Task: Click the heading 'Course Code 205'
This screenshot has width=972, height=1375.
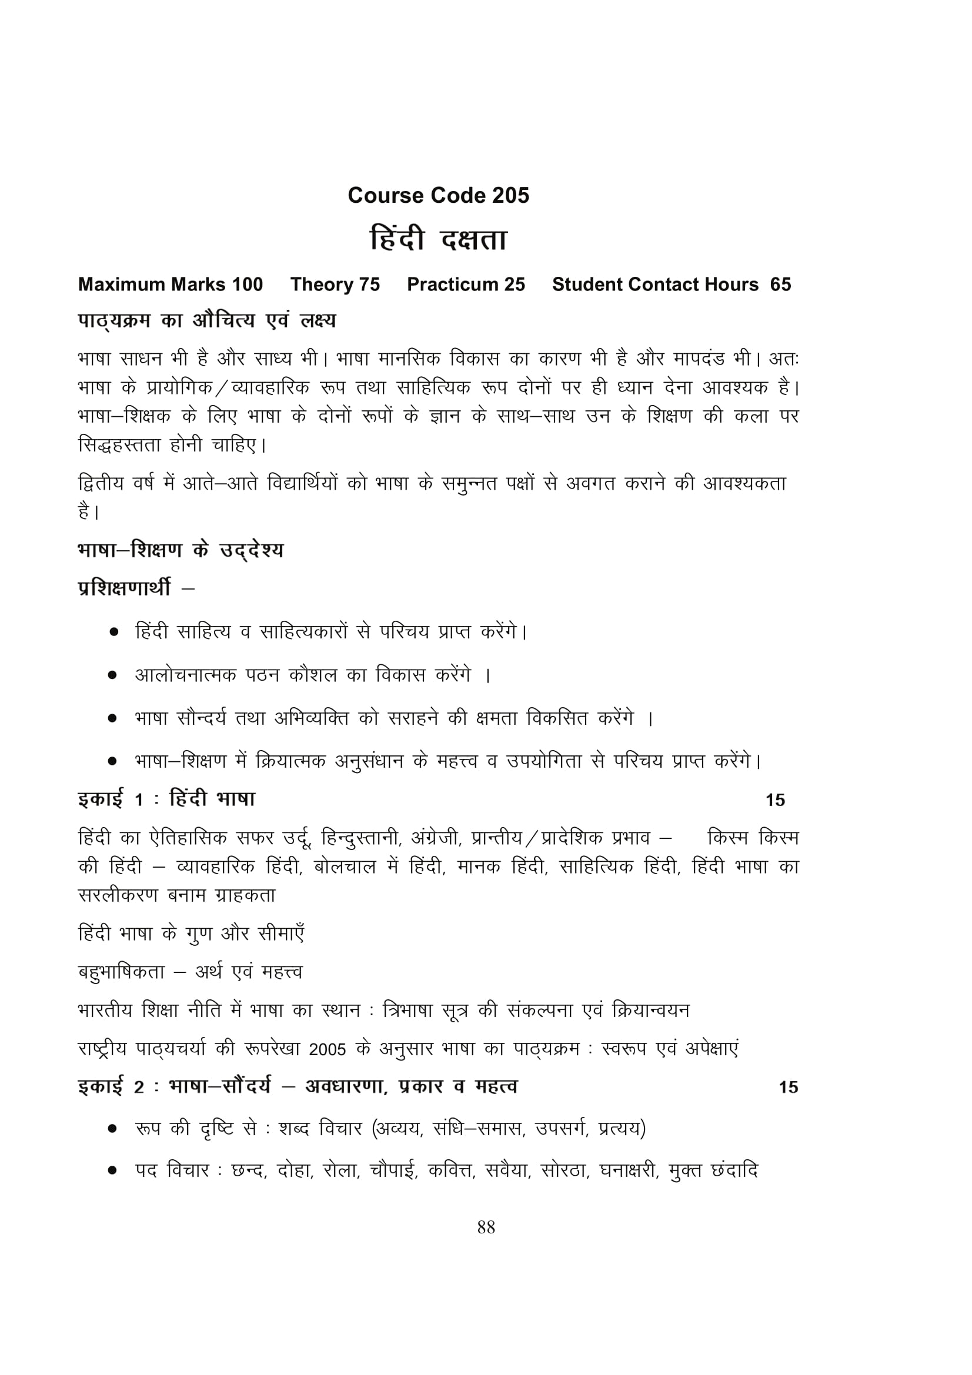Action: [x=439, y=196]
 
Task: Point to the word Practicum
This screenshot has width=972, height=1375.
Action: [x=452, y=285]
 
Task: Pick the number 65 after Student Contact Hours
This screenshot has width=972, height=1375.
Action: [x=780, y=285]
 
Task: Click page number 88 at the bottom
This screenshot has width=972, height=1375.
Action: [x=486, y=1227]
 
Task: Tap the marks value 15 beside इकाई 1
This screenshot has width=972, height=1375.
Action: [x=775, y=800]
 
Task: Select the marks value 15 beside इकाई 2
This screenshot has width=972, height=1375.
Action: [x=788, y=1087]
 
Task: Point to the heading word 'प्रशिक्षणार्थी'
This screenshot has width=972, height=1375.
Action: [x=125, y=588]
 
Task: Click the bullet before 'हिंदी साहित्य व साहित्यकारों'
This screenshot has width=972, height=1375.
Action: [x=113, y=632]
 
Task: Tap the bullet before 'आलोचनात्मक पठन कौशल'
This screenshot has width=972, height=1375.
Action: [x=112, y=675]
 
